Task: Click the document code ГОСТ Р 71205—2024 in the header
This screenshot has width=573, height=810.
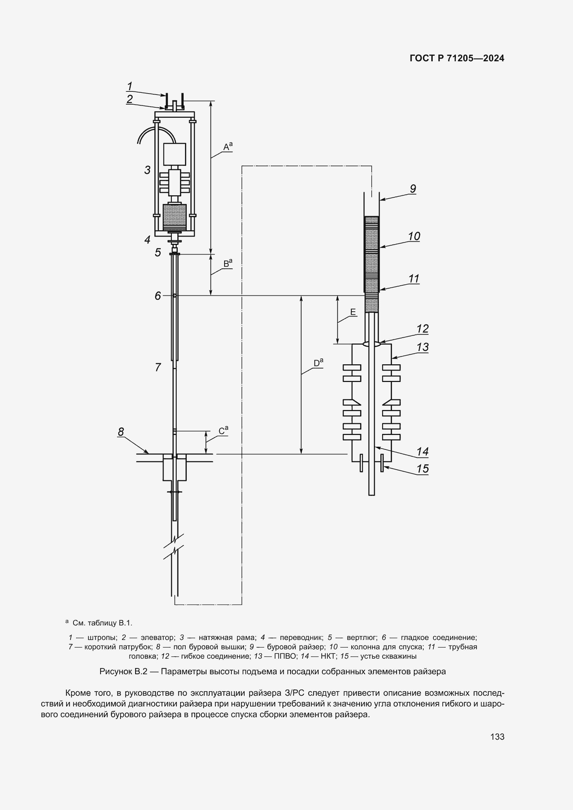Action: coord(457,59)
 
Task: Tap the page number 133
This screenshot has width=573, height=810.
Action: coord(497,737)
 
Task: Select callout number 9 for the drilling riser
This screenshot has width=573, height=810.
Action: coord(413,189)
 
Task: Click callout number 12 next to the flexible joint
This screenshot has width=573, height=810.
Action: coord(422,329)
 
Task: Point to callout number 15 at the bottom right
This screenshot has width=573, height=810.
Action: coord(422,469)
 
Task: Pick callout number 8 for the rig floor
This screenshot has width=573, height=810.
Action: coord(121,432)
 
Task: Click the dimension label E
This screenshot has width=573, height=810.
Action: coord(353,312)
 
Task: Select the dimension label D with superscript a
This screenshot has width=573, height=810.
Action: coord(318,363)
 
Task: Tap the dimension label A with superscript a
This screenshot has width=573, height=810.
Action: coord(228,146)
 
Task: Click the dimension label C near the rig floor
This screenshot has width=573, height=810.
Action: coord(223,431)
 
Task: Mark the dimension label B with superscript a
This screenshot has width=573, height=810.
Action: coord(228,264)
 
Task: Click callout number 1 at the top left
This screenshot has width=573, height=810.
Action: coord(130,86)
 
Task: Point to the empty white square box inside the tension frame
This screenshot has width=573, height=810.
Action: coord(174,154)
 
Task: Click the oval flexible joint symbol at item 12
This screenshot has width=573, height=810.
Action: coord(371,344)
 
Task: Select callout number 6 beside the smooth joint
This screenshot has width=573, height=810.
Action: coord(158,296)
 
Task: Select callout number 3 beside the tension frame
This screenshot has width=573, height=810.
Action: coord(148,170)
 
